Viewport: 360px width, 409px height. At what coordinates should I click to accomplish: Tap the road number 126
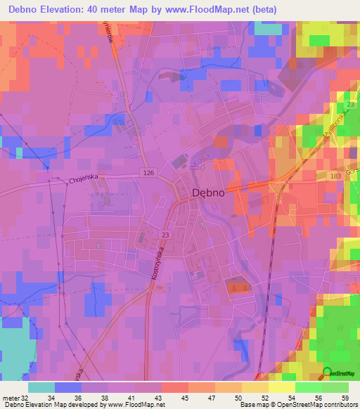[x=148, y=172]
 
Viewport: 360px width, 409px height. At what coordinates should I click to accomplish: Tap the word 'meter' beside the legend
[x=10, y=397]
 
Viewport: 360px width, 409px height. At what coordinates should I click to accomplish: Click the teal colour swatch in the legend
[x=41, y=387]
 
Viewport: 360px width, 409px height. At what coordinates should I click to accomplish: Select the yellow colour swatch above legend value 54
[x=281, y=387]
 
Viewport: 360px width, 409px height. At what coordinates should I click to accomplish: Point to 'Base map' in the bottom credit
[x=255, y=405]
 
